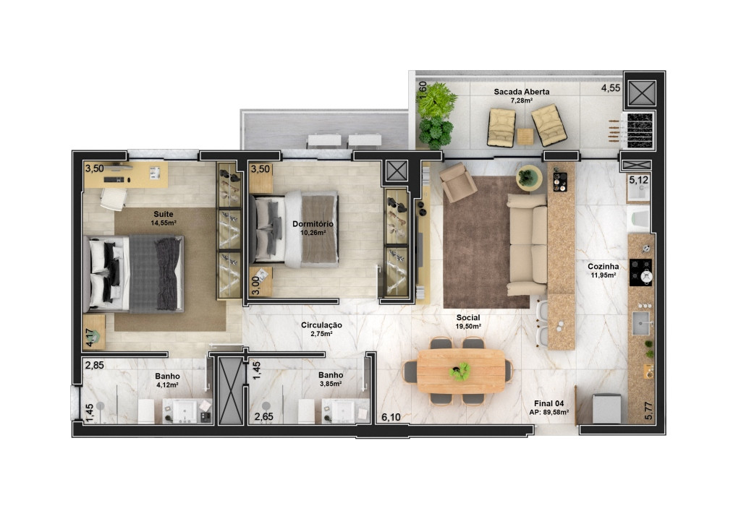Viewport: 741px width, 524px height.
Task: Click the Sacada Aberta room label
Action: pyautogui.click(x=521, y=92)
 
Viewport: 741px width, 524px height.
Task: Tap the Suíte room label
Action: pyautogui.click(x=163, y=214)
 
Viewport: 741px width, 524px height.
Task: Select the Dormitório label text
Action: pyautogui.click(x=313, y=224)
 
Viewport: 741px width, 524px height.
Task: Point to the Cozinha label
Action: pyautogui.click(x=603, y=266)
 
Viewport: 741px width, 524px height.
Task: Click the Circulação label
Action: pyautogui.click(x=321, y=325)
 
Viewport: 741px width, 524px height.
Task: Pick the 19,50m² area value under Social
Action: pyautogui.click(x=468, y=326)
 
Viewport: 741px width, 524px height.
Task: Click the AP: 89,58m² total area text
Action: pyautogui.click(x=549, y=412)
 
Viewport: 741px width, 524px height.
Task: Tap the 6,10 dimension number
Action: pyautogui.click(x=391, y=417)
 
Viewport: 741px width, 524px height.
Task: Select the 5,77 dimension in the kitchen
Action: pyautogui.click(x=648, y=411)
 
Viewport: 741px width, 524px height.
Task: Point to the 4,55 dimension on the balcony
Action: pyautogui.click(x=611, y=87)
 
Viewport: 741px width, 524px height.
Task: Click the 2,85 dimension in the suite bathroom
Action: pyautogui.click(x=95, y=364)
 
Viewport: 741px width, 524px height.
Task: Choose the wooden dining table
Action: pyautogui.click(x=461, y=371)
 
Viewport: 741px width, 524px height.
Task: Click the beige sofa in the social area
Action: pyautogui.click(x=528, y=244)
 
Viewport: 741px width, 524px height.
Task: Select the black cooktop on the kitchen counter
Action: pyautogui.click(x=641, y=272)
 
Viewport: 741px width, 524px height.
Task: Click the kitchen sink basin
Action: pyautogui.click(x=641, y=323)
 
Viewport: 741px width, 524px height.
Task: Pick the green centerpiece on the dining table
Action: pyautogui.click(x=460, y=371)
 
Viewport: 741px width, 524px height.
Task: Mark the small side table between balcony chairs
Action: pyautogui.click(x=525, y=137)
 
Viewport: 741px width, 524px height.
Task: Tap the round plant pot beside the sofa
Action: pyautogui.click(x=528, y=178)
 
